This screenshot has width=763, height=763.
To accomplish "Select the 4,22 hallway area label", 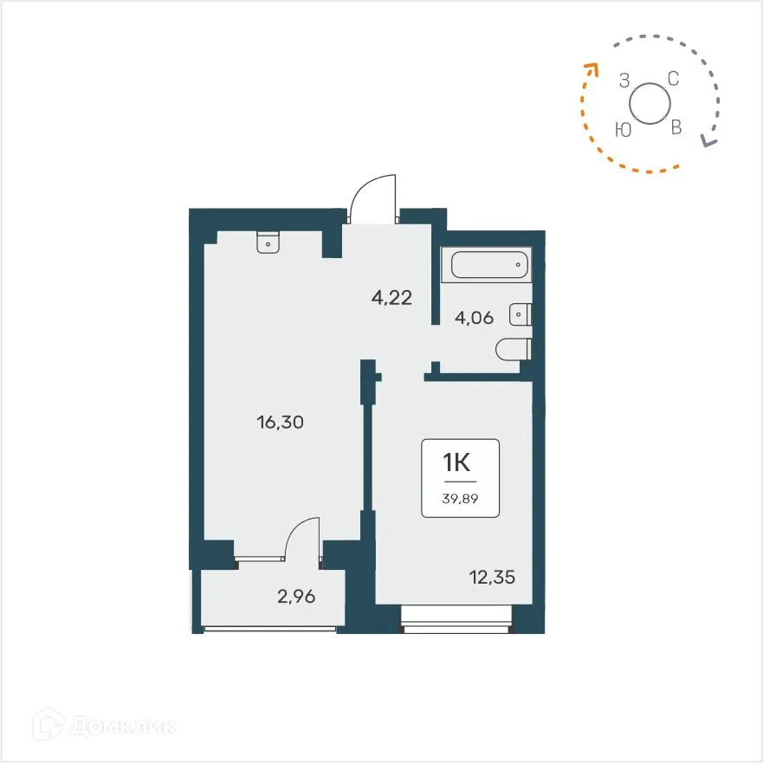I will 391,299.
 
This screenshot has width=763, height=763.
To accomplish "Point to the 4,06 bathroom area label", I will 474,318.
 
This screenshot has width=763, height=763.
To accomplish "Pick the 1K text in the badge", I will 460,462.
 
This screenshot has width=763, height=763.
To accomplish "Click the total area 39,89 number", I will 460,498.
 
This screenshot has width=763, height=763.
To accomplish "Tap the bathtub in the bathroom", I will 485,265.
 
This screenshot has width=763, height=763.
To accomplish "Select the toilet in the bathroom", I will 514,351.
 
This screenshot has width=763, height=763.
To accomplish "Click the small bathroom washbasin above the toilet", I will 521,314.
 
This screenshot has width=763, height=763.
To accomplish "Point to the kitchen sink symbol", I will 268,242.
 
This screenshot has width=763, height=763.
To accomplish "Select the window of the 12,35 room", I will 456,619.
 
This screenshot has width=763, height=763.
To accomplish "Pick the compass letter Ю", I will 622,130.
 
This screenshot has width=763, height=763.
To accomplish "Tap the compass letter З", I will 624,81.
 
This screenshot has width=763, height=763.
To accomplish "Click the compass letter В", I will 677,128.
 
